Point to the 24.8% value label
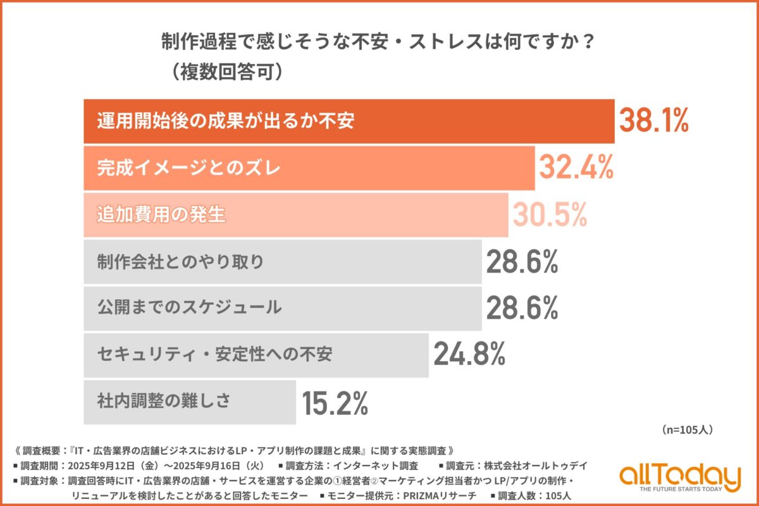(469, 355)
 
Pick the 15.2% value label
(335, 402)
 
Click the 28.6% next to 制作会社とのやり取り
(522, 262)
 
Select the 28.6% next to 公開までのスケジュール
(522, 308)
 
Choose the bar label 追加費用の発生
(161, 215)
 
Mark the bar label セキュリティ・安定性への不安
(215, 354)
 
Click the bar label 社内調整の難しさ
(163, 401)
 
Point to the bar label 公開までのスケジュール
(189, 308)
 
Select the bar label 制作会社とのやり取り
(180, 262)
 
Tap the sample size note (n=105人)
(688, 429)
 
